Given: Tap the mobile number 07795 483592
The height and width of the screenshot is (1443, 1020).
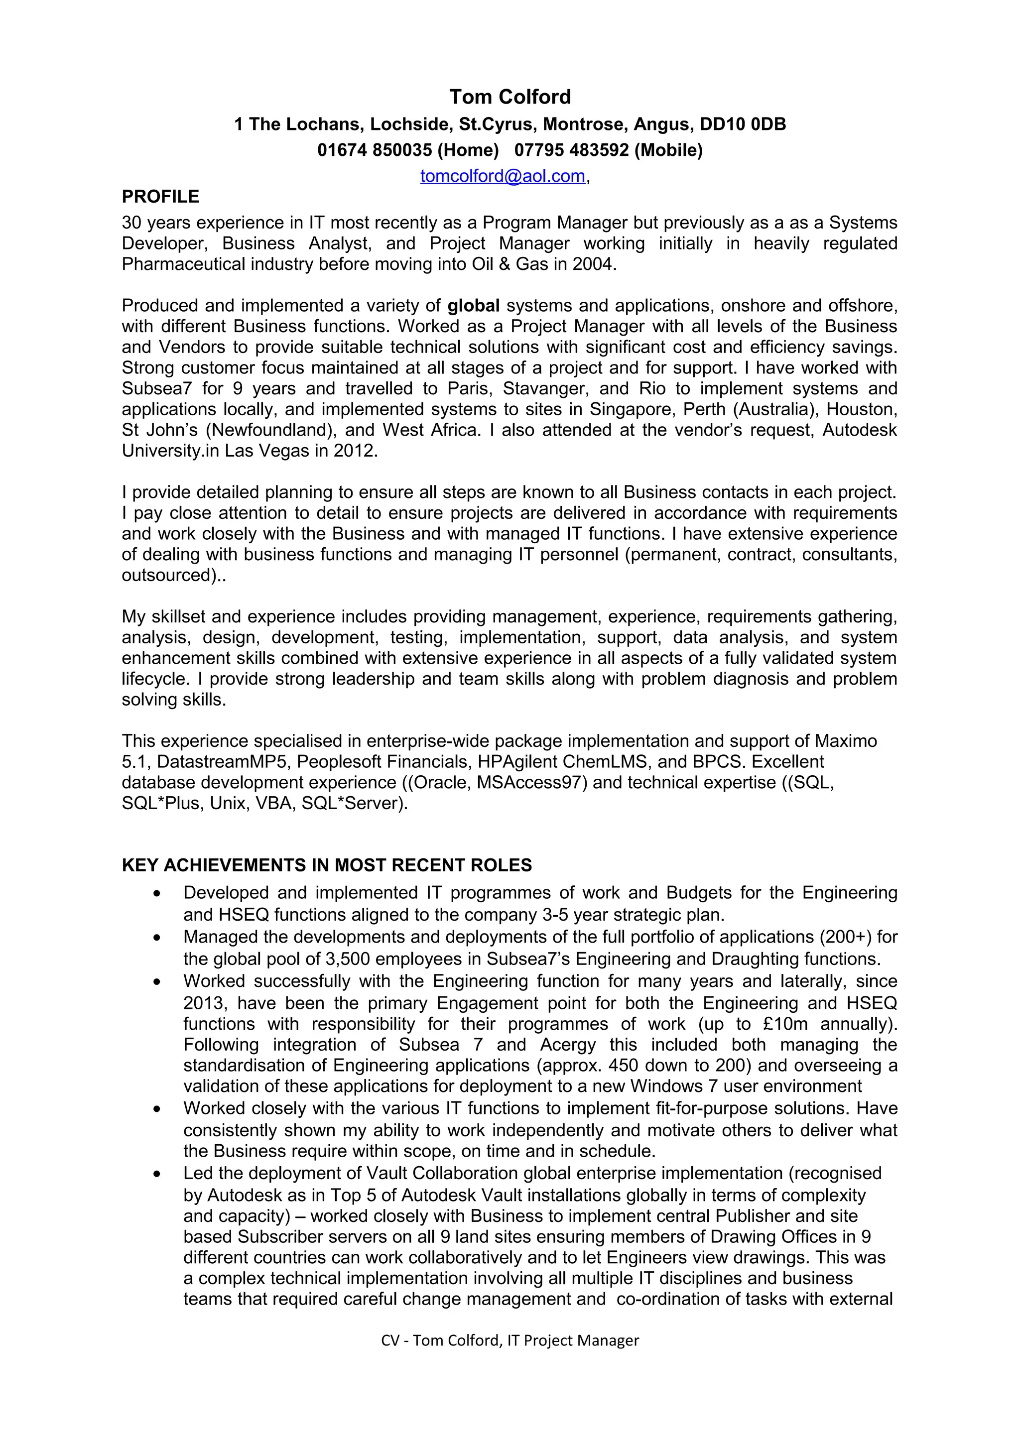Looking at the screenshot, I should click(x=571, y=150).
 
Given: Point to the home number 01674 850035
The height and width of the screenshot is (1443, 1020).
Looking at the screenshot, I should click(x=375, y=150).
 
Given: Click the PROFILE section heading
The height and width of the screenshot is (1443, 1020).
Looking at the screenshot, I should click(x=160, y=197).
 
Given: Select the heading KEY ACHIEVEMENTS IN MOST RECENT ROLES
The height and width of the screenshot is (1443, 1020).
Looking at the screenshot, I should click(x=327, y=865).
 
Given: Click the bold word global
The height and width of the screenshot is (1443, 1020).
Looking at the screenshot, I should click(x=473, y=305).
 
